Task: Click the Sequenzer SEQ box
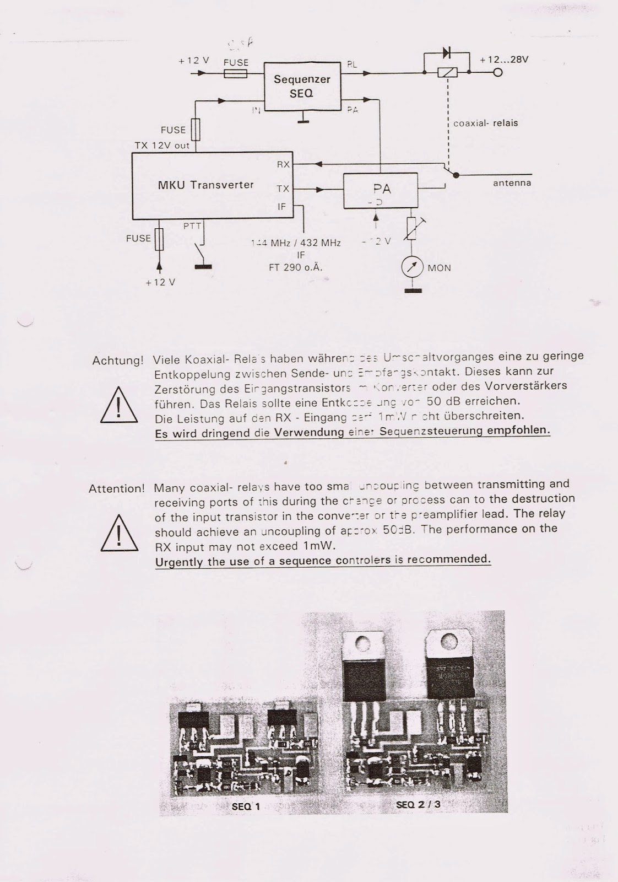[x=302, y=86]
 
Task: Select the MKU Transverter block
[x=205, y=185]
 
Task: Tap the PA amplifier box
[x=381, y=191]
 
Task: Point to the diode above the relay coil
[x=447, y=53]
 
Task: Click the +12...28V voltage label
[x=504, y=60]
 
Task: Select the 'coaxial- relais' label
[x=485, y=123]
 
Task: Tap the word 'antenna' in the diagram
[x=512, y=183]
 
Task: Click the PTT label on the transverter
[x=192, y=226]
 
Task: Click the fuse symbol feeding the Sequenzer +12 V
[x=236, y=73]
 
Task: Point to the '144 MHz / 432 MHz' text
[x=296, y=243]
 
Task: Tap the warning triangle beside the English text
[x=119, y=533]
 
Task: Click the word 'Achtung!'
[x=118, y=361]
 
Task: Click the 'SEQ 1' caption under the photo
[x=246, y=806]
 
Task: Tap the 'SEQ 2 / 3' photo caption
[x=418, y=804]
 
